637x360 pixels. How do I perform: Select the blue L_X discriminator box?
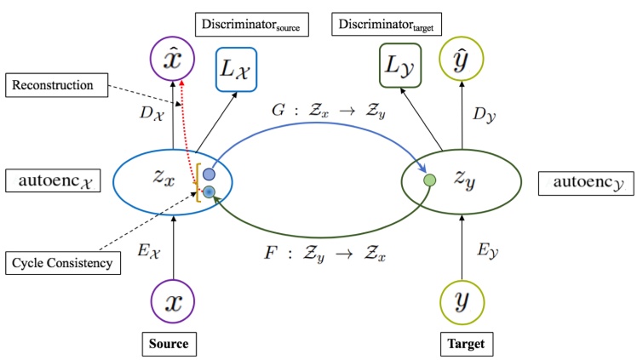[x=244, y=65]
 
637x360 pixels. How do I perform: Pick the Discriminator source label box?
[x=252, y=25]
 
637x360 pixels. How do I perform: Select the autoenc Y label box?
[x=586, y=182]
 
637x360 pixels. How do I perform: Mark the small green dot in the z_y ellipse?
[x=430, y=180]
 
